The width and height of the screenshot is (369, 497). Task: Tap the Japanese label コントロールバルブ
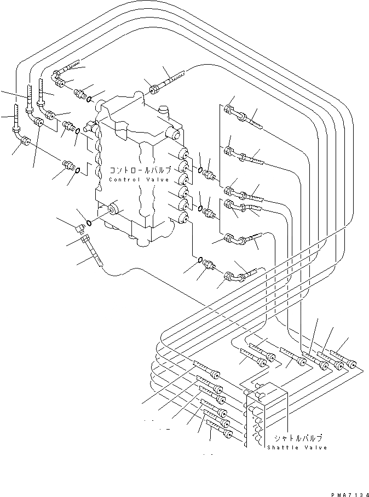coord(141,170)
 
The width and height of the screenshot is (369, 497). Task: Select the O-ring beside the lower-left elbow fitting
coord(89,222)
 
